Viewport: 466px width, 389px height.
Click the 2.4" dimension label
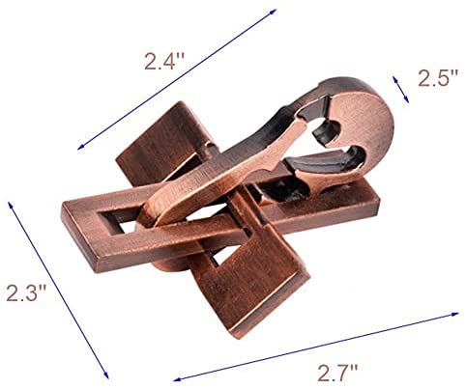pyautogui.click(x=164, y=61)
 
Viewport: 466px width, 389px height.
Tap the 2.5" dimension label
pyautogui.click(x=438, y=77)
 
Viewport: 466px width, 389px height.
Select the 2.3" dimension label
pyautogui.click(x=27, y=292)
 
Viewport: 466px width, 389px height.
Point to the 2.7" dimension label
pyautogui.click(x=337, y=373)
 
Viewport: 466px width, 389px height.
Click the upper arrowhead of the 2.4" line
pyautogui.click(x=274, y=12)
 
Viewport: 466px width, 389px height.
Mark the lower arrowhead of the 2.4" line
pyautogui.click(x=81, y=147)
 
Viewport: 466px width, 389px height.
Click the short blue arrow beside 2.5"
pyautogui.click(x=400, y=90)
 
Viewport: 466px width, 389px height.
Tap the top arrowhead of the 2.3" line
pyautogui.click(x=11, y=205)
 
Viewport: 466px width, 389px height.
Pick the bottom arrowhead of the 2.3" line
pyautogui.click(x=105, y=375)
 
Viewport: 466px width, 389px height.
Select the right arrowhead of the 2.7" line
pyautogui.click(x=455, y=314)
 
